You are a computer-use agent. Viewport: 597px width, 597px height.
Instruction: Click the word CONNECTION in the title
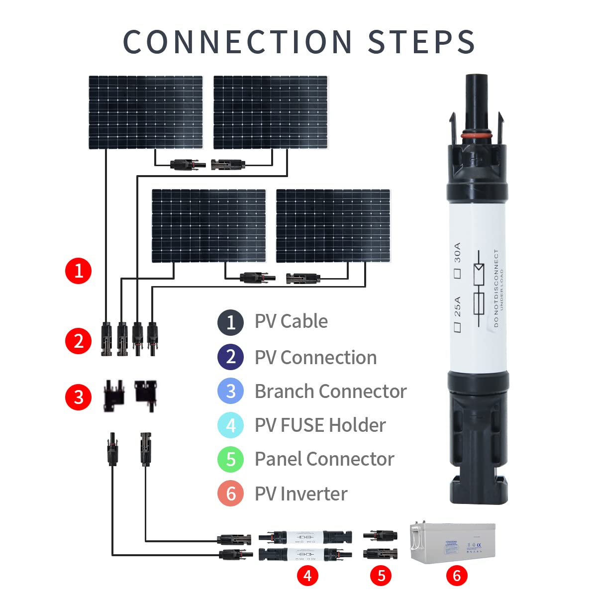pyautogui.click(x=237, y=42)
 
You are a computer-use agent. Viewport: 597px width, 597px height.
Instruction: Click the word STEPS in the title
pyautogui.click(x=421, y=42)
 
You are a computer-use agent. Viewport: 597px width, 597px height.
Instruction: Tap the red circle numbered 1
pyautogui.click(x=79, y=271)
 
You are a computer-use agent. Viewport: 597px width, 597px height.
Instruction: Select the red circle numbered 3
pyautogui.click(x=79, y=398)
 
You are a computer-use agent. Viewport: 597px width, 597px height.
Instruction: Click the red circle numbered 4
pyautogui.click(x=307, y=576)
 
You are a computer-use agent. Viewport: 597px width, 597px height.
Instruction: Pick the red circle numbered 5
pyautogui.click(x=381, y=576)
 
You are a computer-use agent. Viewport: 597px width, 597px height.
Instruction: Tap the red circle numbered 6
pyautogui.click(x=457, y=576)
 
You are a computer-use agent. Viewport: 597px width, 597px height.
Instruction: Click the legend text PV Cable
pyautogui.click(x=291, y=321)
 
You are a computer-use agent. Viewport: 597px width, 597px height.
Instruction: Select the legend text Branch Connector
pyautogui.click(x=330, y=392)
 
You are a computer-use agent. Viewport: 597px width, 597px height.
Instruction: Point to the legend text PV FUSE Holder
pyautogui.click(x=320, y=425)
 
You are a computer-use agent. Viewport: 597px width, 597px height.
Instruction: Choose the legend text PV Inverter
pyautogui.click(x=301, y=494)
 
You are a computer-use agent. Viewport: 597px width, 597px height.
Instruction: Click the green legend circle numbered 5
pyautogui.click(x=230, y=459)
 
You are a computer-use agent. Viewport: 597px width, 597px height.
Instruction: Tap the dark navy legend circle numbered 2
pyautogui.click(x=230, y=357)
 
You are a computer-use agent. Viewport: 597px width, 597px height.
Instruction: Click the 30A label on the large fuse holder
pyautogui.click(x=458, y=253)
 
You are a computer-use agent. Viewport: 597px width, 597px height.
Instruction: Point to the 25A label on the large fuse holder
pyautogui.click(x=458, y=306)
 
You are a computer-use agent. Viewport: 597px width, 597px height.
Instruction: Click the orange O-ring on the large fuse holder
pyautogui.click(x=478, y=135)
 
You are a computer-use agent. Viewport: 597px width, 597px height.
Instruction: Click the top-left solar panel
pyautogui.click(x=146, y=112)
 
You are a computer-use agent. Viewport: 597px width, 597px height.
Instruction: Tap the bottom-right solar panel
pyautogui.click(x=333, y=225)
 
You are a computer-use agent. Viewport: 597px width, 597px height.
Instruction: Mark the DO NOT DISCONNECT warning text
pyautogui.click(x=496, y=289)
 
